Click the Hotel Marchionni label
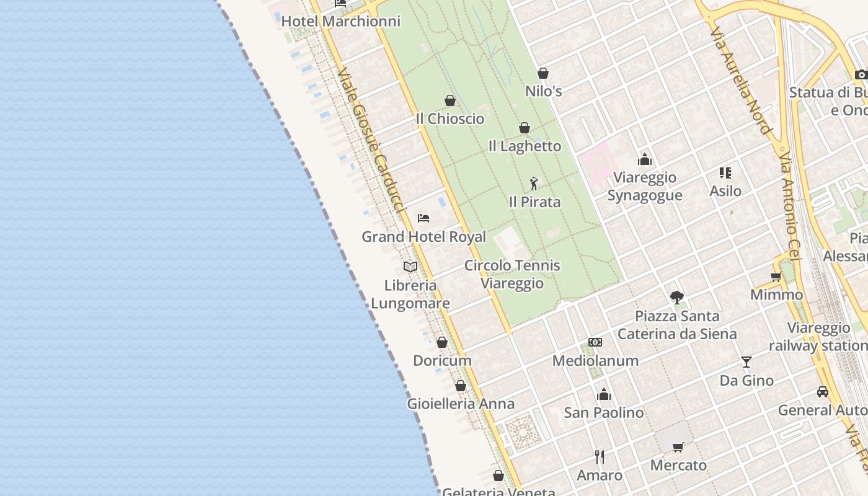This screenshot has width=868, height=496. (x=341, y=21)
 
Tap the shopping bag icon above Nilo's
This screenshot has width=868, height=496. (x=543, y=73)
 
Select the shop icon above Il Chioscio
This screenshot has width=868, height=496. (x=450, y=100)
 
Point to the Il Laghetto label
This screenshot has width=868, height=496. (x=525, y=146)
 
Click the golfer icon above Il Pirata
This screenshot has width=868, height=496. (x=534, y=184)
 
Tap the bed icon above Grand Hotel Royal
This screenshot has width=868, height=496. (x=423, y=218)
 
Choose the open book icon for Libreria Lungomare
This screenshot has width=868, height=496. (x=410, y=267)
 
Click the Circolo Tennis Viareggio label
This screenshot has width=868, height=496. (x=512, y=274)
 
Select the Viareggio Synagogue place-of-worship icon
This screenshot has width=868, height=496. (x=645, y=160)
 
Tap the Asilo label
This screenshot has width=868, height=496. (x=725, y=191)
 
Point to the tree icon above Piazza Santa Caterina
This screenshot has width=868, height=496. (x=677, y=298)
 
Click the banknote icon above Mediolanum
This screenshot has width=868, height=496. (x=595, y=342)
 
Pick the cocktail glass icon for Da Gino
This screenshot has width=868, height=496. (x=746, y=362)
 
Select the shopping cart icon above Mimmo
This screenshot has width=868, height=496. (x=776, y=277)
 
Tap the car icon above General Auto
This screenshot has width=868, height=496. (x=823, y=392)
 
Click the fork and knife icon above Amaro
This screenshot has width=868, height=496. (x=600, y=457)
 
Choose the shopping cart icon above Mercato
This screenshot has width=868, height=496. (x=678, y=447)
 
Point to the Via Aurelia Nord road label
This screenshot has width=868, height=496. (x=740, y=81)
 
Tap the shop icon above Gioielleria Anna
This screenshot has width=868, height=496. (x=461, y=386)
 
